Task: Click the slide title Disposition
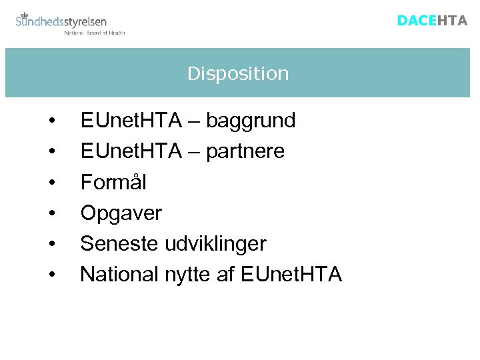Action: (238, 73)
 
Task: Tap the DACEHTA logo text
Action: (432, 21)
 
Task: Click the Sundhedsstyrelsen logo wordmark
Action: (61, 22)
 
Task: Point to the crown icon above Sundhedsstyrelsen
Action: (25, 14)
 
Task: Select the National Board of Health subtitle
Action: (94, 32)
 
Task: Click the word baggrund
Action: (251, 121)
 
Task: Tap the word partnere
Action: (245, 151)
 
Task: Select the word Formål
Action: (113, 182)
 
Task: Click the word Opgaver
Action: (121, 213)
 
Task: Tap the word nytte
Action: (189, 275)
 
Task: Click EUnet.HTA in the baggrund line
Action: (131, 121)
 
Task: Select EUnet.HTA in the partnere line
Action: (131, 151)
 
